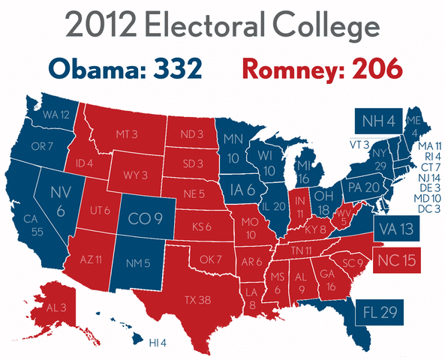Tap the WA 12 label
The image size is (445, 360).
(x=56, y=115)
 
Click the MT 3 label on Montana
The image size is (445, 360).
(x=125, y=133)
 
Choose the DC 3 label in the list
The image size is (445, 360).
(x=428, y=208)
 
